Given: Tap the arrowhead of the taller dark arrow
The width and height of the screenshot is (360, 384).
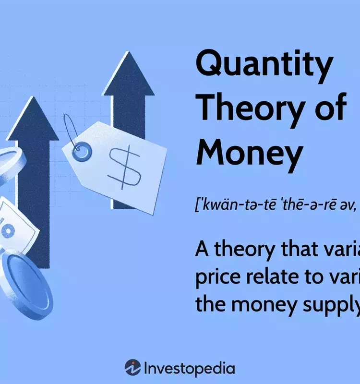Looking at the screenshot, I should click(128, 74).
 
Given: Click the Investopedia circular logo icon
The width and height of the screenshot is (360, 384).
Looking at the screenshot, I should click(132, 368).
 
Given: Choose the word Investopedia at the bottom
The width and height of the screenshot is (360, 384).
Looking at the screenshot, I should click(190, 368).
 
